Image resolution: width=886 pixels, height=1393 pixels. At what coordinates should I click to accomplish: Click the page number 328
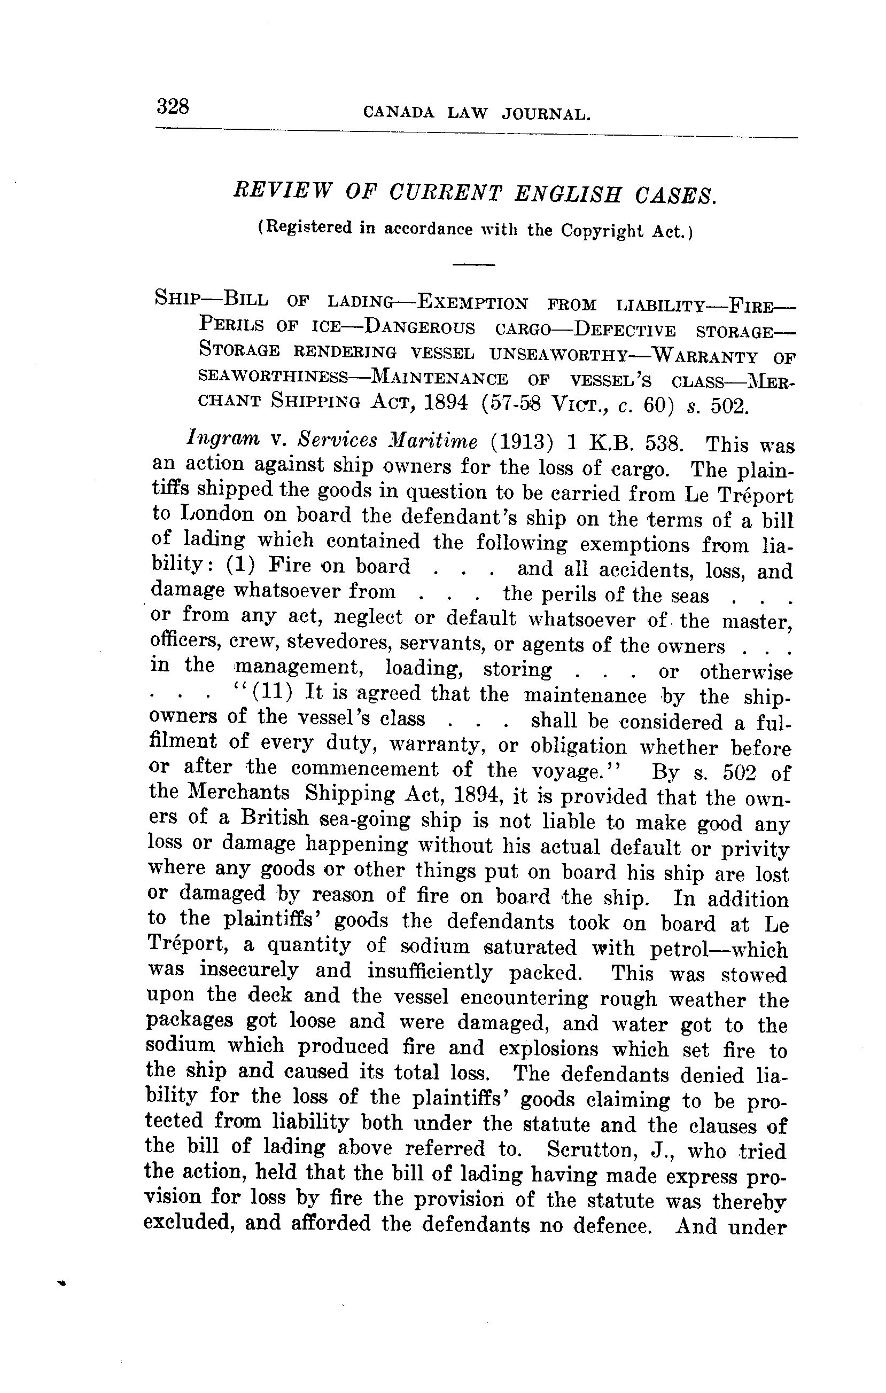tap(173, 106)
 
